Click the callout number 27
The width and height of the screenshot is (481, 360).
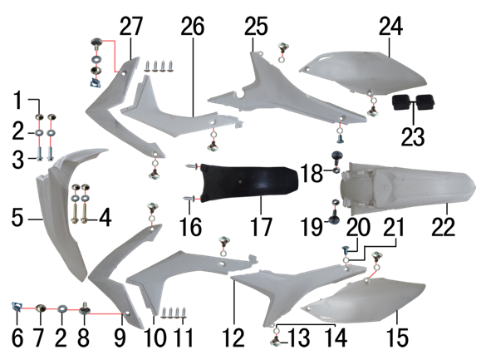click(x=131, y=27)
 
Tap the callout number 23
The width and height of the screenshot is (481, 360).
click(x=413, y=136)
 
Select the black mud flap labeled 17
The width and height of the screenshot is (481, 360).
click(x=249, y=183)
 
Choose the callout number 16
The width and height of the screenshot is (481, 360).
click(x=190, y=227)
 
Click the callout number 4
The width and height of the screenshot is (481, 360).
click(x=105, y=219)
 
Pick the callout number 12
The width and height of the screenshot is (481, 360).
click(x=233, y=338)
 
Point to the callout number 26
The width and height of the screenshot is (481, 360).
click(x=193, y=27)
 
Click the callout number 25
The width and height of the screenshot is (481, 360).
click(x=256, y=27)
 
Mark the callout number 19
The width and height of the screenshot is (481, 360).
click(x=312, y=228)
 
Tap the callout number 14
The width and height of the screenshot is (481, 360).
click(x=336, y=338)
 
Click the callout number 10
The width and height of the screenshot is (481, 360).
click(x=155, y=338)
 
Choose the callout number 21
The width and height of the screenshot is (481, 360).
click(x=394, y=228)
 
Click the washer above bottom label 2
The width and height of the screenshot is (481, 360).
click(x=62, y=308)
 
